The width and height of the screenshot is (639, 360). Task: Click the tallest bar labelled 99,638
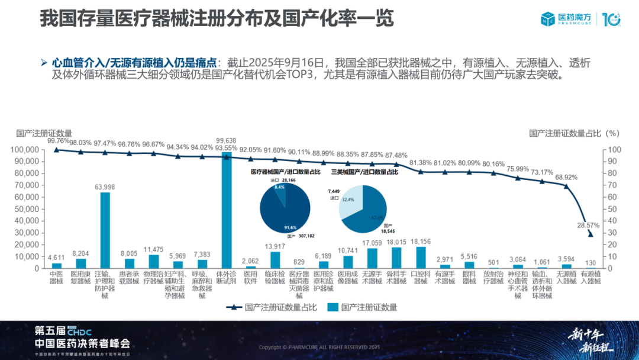[227, 210]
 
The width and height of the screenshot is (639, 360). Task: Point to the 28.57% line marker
[590, 234]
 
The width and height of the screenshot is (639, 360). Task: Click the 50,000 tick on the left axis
[25, 208]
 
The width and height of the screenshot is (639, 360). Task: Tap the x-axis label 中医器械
[56, 277]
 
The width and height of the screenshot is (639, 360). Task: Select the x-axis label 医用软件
[251, 277]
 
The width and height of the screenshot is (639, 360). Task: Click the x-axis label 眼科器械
[469, 277]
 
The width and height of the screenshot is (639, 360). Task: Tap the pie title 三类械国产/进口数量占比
[364, 172]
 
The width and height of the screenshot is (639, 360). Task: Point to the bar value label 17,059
[372, 242]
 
